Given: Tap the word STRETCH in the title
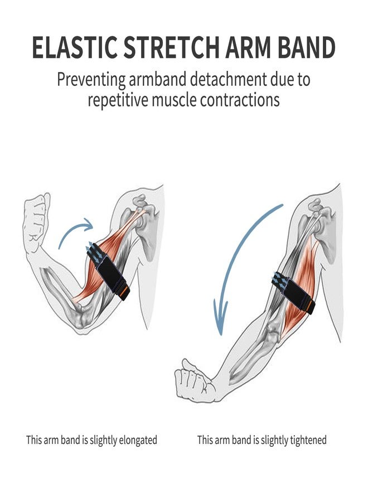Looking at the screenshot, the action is (x=171, y=47).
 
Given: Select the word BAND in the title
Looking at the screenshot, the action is (x=306, y=47).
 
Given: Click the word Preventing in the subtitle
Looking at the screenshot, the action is (x=91, y=80).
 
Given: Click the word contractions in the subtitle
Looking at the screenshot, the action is (x=240, y=100).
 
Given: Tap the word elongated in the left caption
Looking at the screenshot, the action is (x=138, y=440).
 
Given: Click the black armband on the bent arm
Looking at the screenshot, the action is (x=108, y=271).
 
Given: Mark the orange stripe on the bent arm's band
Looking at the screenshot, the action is (x=125, y=292).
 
